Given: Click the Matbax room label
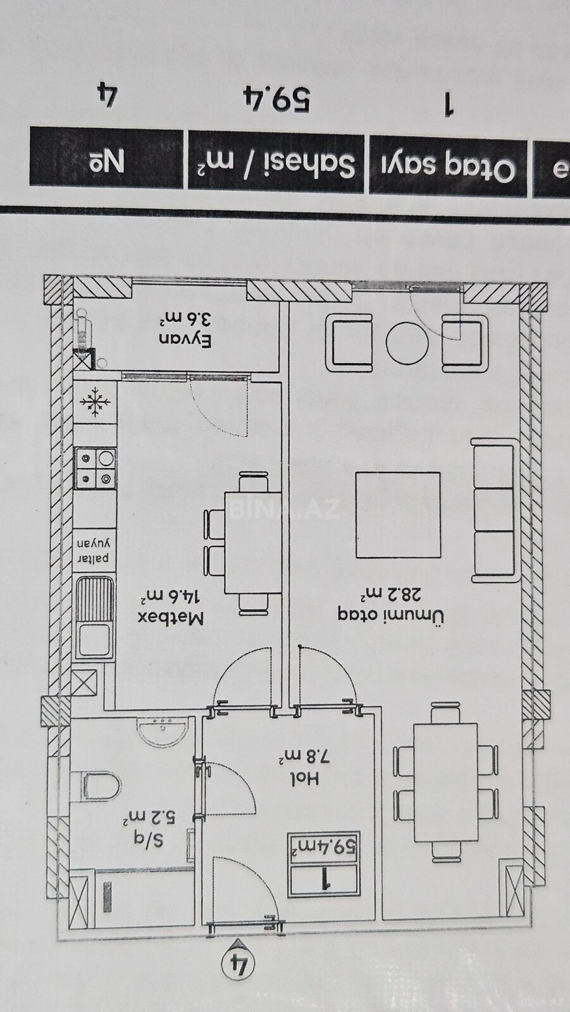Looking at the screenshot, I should [x=171, y=617].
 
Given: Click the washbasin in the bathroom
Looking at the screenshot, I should [x=163, y=731].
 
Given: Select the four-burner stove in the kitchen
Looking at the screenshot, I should [x=96, y=468].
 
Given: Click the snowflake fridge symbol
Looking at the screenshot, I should [x=96, y=402].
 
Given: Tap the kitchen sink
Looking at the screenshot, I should [x=95, y=617].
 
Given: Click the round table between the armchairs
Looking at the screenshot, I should [x=407, y=343].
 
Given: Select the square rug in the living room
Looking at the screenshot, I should [x=398, y=514].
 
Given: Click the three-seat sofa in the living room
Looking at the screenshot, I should [x=494, y=510].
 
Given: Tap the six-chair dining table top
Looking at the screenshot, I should [x=446, y=782].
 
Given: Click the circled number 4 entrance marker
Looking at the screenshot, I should [x=238, y=965].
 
